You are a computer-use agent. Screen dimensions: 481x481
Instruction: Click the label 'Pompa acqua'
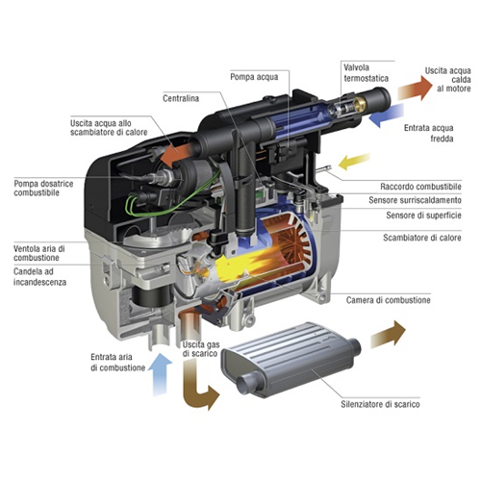click(254, 75)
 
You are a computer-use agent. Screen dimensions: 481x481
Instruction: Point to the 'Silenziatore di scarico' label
click(377, 406)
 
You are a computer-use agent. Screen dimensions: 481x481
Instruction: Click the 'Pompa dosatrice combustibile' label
click(50, 190)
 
